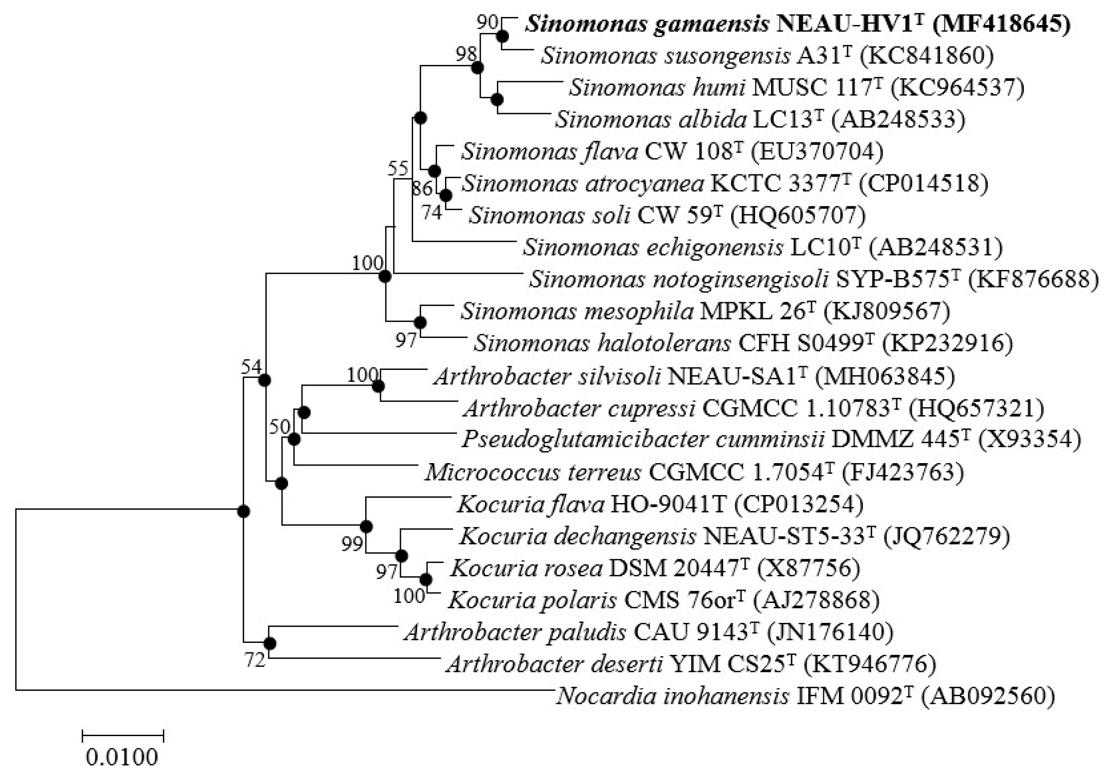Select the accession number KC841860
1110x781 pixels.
(927, 56)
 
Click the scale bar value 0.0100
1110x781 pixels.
(122, 757)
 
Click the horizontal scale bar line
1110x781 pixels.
(123, 736)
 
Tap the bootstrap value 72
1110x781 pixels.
(255, 660)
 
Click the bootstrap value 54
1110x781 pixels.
(251, 367)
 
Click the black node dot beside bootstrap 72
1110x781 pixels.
(270, 644)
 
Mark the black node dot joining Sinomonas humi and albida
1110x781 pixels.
(497, 99)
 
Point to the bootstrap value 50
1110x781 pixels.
(279, 426)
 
